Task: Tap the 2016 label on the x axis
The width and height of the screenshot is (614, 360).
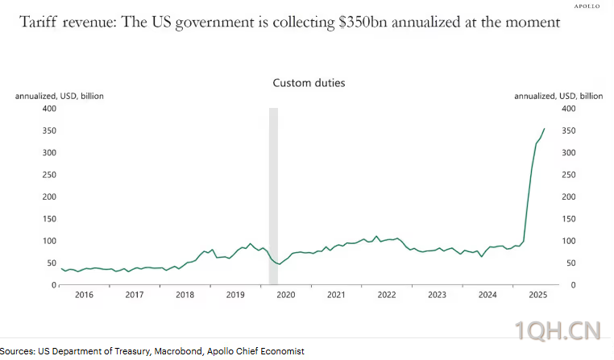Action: click(x=85, y=296)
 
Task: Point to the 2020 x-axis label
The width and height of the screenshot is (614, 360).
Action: click(x=286, y=296)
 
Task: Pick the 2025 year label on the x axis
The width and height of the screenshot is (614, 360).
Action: click(x=539, y=296)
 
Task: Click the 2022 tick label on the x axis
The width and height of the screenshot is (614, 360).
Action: click(x=387, y=296)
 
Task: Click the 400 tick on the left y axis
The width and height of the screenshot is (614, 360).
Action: click(x=49, y=109)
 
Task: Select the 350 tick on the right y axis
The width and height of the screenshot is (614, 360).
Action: click(x=567, y=130)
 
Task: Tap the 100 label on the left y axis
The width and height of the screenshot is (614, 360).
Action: click(x=49, y=241)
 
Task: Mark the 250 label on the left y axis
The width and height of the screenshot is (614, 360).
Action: click(x=49, y=175)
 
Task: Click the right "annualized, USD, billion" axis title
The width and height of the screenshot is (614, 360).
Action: click(x=558, y=96)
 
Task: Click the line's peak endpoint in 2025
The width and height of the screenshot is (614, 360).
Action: click(x=544, y=129)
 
